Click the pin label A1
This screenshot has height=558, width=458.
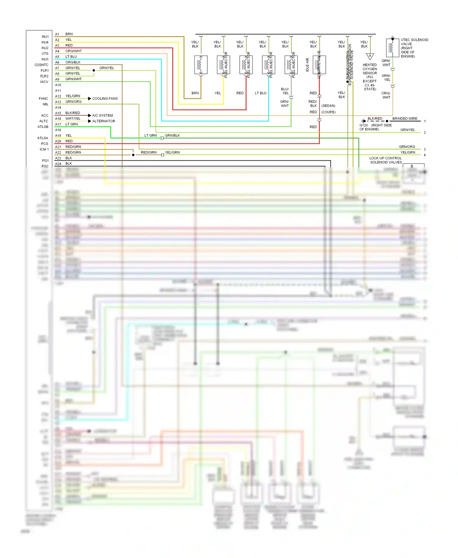point(57,34)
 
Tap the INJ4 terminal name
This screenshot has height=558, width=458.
point(45,42)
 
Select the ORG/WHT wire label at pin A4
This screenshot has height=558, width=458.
point(74,51)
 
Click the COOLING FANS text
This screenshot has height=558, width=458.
point(105,99)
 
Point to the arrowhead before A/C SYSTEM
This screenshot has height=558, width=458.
point(89,115)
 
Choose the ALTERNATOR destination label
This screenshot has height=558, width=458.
point(104,121)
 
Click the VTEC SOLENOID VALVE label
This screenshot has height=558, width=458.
point(414,48)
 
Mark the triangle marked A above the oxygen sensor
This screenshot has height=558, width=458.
point(370,56)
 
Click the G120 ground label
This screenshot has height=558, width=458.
point(364,125)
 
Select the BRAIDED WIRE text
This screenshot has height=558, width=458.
point(405,118)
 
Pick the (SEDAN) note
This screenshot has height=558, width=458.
point(328,106)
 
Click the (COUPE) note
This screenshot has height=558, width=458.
point(328,112)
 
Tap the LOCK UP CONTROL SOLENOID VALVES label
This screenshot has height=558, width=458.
point(386,160)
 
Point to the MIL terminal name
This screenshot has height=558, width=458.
point(45,104)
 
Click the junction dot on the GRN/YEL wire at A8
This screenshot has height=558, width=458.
point(94,71)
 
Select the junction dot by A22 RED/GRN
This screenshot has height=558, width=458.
point(133,155)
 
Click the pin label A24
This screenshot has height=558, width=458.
point(58,164)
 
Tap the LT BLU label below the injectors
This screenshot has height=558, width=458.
point(260,93)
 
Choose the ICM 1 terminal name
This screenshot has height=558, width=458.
point(44,150)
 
